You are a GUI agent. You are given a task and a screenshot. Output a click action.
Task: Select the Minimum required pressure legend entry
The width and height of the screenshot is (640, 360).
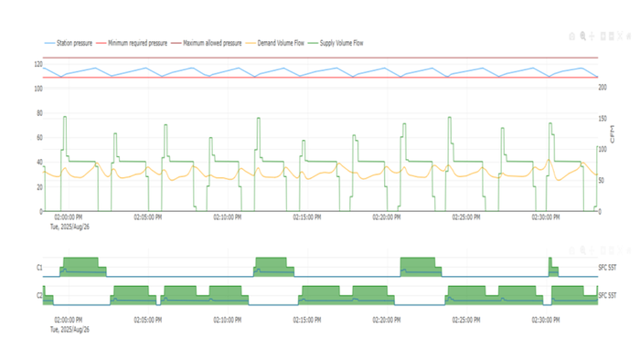137,43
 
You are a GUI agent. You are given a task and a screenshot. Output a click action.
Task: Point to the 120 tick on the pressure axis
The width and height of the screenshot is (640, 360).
38,64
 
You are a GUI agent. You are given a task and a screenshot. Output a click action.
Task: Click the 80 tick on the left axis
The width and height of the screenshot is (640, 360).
39,113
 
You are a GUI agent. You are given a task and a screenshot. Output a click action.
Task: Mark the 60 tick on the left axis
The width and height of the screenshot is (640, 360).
39,138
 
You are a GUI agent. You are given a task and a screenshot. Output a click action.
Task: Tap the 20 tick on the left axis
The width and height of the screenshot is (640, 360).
39,186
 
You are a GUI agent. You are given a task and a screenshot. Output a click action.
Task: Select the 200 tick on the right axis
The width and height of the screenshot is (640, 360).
603,89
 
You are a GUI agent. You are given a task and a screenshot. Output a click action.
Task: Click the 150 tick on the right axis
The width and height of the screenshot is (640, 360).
603,119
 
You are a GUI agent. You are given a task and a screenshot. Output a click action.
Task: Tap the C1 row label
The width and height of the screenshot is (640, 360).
39,268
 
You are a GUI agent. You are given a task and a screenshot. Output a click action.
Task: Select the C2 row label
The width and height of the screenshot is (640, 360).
39,295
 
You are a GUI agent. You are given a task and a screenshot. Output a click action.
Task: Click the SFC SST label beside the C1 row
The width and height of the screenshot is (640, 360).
605,268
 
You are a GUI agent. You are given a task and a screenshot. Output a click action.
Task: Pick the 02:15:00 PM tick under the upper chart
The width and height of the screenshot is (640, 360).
307,217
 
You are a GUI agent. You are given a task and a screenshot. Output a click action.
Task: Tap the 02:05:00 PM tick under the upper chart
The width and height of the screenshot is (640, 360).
148,217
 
